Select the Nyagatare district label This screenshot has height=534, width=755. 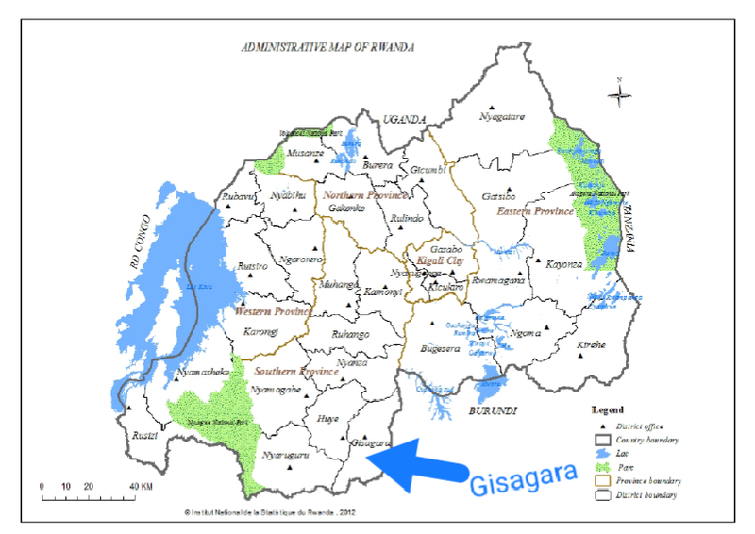coord(501,117)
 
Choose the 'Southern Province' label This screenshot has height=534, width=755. coord(295,371)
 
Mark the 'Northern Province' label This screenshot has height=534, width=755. coord(365,194)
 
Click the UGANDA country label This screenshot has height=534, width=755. coord(404,119)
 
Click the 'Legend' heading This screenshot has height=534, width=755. coord(608,410)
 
